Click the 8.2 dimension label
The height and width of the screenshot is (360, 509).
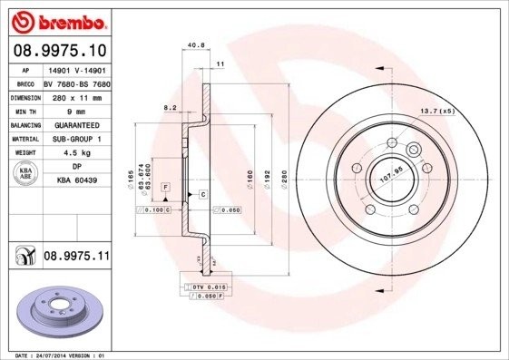point(169,107)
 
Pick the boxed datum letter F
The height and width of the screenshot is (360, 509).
point(166,186)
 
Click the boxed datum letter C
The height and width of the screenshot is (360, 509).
point(202,195)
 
